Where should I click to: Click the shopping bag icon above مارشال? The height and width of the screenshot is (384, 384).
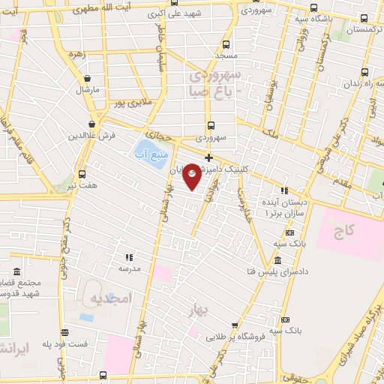88,78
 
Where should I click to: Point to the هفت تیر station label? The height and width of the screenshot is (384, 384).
82,184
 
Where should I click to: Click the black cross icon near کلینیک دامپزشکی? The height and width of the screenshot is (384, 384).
208,157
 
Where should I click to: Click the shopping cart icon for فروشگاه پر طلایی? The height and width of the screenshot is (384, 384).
235,325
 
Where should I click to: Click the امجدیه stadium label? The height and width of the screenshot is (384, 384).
110,298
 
